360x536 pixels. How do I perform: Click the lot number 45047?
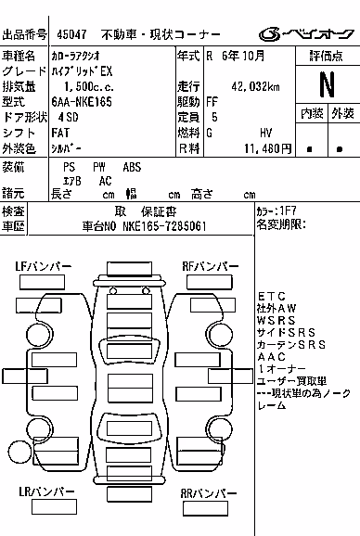pos(71,34)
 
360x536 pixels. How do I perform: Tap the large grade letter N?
pos(328,84)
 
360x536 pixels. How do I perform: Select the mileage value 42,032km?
pos(255,86)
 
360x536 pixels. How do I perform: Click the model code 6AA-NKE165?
pos(82,102)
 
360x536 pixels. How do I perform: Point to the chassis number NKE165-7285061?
pos(164,226)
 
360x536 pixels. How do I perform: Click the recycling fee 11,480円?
pos(268,148)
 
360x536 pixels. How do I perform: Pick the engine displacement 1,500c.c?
pos(89,87)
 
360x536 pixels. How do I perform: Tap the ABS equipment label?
pos(132,167)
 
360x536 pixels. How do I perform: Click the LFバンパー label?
pos(43,267)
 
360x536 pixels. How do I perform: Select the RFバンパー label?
pos(211,267)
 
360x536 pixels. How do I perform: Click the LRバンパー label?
pos(46,491)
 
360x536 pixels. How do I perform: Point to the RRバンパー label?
pos(208,493)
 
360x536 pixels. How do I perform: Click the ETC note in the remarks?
pos(272,296)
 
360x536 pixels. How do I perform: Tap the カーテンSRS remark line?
pos(291,345)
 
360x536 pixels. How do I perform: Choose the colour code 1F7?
pos(288,211)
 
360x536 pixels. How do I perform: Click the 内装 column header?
pos(312,113)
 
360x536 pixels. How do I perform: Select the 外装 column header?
pos(343,113)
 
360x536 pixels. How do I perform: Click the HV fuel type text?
pos(265,133)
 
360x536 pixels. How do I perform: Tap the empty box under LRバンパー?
pos(54,507)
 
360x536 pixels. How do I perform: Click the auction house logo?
pos(306,33)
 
